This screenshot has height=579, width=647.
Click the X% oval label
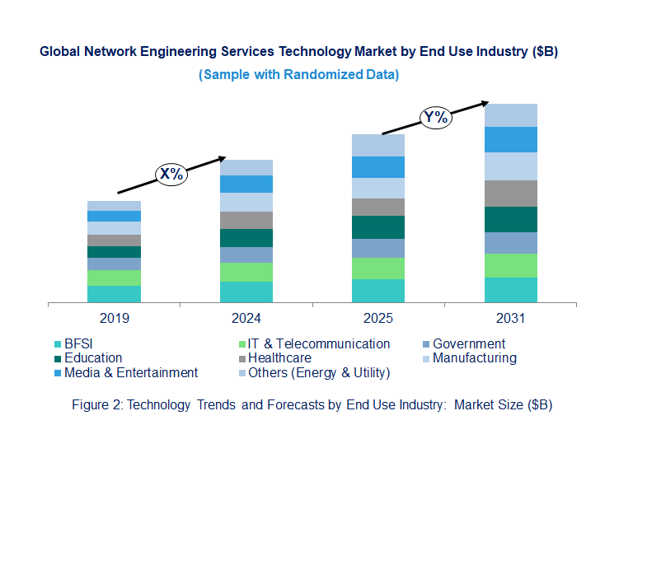point(171,174)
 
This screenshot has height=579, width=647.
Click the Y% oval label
point(435,117)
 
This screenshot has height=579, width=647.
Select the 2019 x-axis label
point(114,319)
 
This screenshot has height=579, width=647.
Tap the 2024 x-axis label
point(246,319)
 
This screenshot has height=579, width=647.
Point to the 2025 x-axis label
point(378,319)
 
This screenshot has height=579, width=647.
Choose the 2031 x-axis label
point(510,319)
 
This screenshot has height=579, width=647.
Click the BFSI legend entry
point(78,344)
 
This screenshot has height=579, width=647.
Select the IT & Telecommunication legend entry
point(318,344)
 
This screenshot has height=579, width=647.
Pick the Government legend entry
point(468,344)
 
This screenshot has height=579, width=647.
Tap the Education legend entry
point(92,358)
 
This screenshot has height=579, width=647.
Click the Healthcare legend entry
point(279,358)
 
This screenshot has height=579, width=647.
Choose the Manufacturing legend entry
point(474,358)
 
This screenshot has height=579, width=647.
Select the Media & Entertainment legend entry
point(130,373)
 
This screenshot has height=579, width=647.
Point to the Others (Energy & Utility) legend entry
point(318,373)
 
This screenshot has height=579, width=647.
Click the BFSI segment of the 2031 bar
point(510,290)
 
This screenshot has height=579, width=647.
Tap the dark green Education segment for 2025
point(378,227)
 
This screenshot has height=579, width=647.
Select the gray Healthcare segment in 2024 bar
point(246,220)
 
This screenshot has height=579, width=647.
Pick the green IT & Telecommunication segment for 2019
point(114,278)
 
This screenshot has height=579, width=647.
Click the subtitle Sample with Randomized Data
point(298,75)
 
